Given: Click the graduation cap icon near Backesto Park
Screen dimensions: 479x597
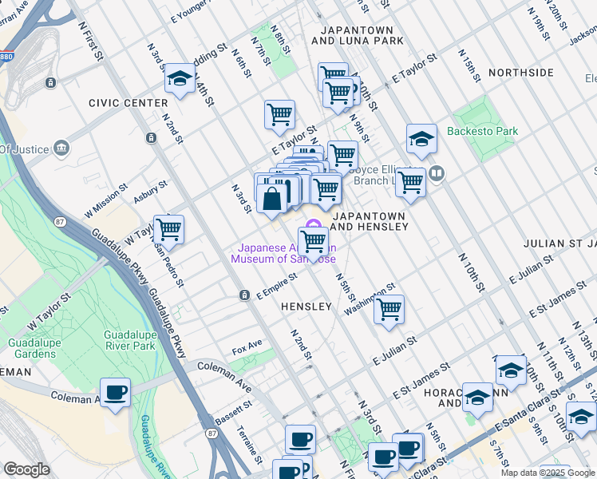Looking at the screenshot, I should tap(421, 140).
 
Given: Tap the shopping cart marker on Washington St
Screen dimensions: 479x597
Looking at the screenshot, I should tap(389, 310).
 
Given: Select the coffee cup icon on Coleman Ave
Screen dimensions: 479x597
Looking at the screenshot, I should tap(116, 393).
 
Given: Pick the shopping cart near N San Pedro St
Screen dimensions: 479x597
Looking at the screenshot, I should tap(168, 231).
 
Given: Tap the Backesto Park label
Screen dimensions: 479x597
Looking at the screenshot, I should tap(482, 131).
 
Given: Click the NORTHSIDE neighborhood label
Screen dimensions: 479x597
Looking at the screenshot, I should tap(520, 73).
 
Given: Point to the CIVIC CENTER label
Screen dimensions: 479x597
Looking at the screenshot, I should tap(128, 103).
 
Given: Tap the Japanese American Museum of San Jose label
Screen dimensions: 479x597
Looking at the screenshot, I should tap(283, 253).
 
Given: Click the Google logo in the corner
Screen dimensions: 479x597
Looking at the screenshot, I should tap(26, 469).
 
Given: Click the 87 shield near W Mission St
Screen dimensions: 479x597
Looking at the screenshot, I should tap(60, 221).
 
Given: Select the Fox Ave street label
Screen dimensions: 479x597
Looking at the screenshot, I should tap(247, 350).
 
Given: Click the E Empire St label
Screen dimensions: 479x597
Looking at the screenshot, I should tap(276, 287).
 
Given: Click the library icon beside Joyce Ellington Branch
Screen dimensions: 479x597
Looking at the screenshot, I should tap(436, 172).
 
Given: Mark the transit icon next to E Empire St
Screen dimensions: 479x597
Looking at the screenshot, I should tap(245, 295).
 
